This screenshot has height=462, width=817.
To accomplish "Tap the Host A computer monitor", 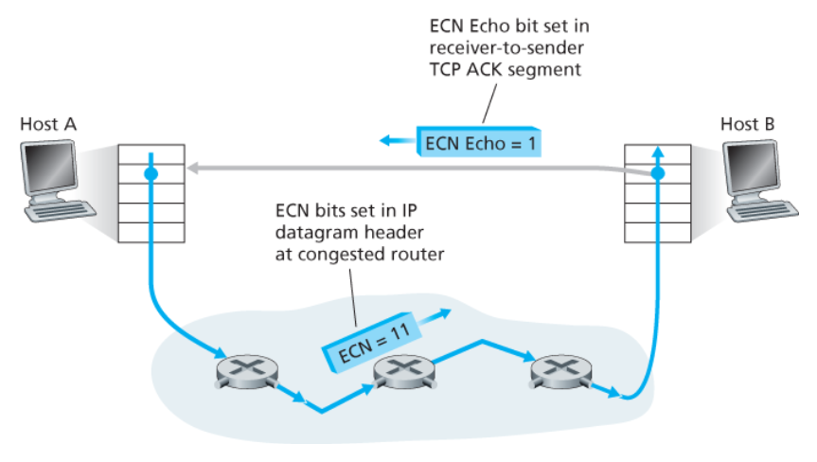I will point(44,169).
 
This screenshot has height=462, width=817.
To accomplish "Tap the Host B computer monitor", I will point(757,169).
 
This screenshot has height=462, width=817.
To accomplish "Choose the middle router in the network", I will point(399,371).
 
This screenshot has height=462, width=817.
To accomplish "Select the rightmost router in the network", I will point(556,370).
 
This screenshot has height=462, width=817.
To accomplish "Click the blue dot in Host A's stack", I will point(150,175).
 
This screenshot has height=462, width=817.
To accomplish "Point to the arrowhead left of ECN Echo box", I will point(387,141).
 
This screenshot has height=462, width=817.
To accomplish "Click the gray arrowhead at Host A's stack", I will point(190,169).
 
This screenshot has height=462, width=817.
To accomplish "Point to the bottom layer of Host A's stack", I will point(150,231).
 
